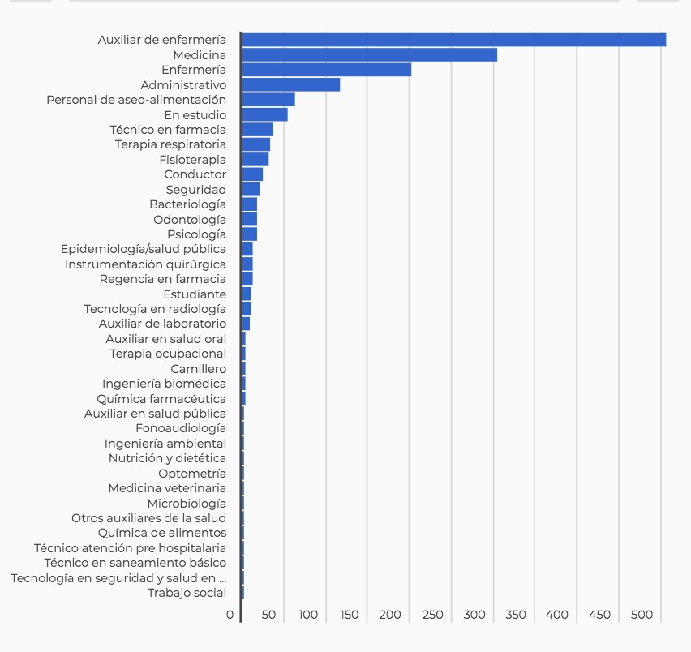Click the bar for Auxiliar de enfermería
pos(453,40)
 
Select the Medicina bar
pos(369,55)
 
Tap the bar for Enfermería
pos(326,70)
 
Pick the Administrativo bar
pos(290,85)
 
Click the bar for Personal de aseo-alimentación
pos(268,100)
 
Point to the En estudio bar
pos(264,115)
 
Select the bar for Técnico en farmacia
pos(257,130)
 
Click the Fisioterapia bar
pos(255,160)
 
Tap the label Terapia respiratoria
pos(170,144)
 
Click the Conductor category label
pos(195,174)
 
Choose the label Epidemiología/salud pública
pos(144,249)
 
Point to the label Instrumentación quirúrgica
pos(146,264)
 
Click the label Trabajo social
pos(187,593)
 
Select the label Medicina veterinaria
pos(167,488)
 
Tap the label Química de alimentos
pos(162,533)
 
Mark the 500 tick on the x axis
pos(642,615)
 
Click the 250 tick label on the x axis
pos(433,615)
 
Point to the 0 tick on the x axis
pos(230,615)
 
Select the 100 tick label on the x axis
pos(308,615)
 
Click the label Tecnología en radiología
pos(155,309)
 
